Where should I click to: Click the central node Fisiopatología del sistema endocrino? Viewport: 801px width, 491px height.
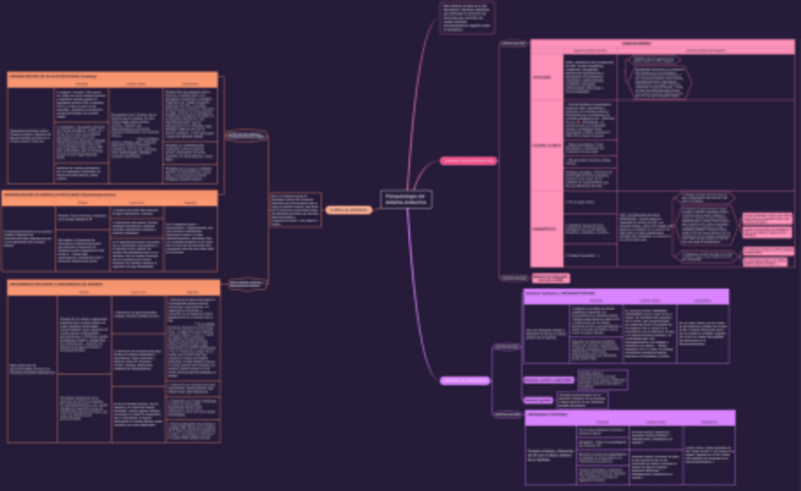coord(406,198)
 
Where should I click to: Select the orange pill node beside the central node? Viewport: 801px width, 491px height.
coord(349,210)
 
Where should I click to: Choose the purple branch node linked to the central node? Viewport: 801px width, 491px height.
coord(465,381)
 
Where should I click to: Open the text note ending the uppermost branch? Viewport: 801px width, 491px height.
coord(467,18)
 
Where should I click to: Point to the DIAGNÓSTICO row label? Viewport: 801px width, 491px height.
coord(547,229)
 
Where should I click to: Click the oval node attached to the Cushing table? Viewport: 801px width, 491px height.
coord(246,136)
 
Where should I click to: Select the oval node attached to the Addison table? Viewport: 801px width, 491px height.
coord(246,281)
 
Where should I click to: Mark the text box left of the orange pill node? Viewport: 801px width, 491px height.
coord(294,209)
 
